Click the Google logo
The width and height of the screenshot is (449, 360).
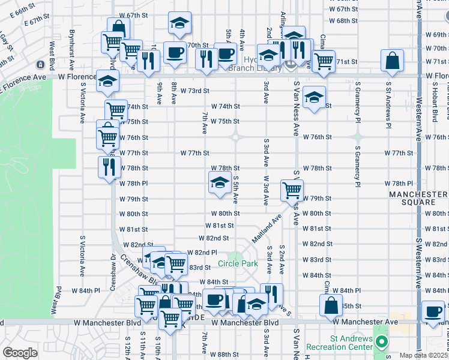[x=20, y=353]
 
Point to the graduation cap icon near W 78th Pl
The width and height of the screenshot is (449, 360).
[x=220, y=182]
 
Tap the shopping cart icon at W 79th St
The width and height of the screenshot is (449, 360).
[x=292, y=190]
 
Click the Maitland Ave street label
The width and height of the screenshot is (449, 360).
[x=267, y=229]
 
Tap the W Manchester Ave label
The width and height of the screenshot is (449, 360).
[x=371, y=322]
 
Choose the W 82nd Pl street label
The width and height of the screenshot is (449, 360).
[x=202, y=253]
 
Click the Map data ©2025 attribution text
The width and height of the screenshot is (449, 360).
[x=423, y=355]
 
